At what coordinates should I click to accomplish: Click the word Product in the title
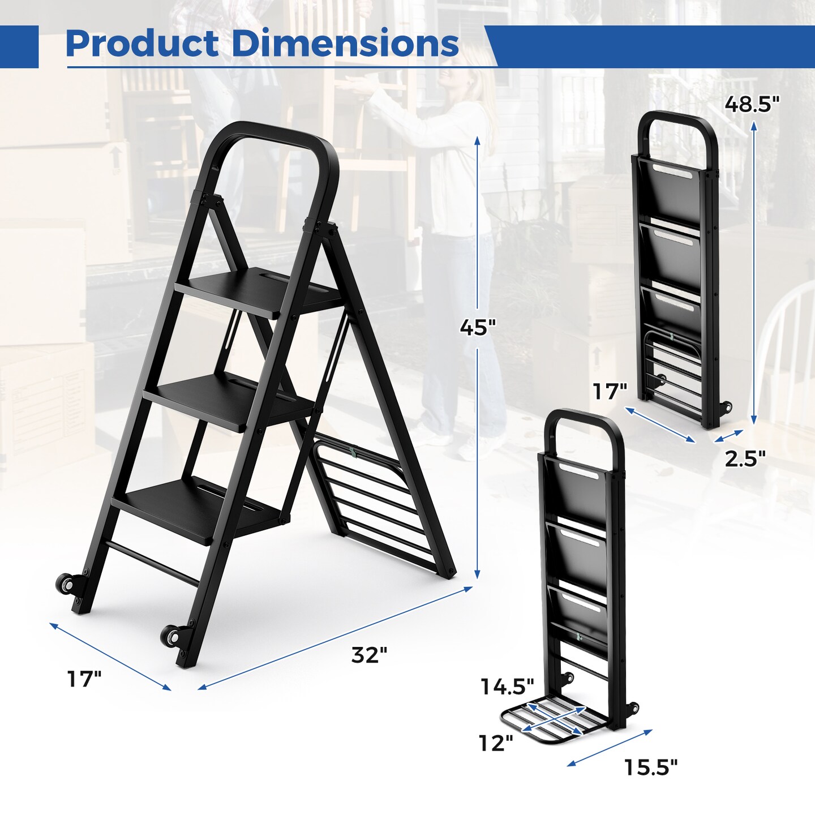coord(142,44)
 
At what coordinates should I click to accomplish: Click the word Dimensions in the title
coord(345,44)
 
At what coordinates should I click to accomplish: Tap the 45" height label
coord(477,328)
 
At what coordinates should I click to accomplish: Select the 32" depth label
coord(369,655)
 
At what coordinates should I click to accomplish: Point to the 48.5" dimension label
coord(752,104)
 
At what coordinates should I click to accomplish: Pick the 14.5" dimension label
coord(507,687)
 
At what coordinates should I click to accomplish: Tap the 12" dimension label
coord(496,743)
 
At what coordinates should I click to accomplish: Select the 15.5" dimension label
coord(650,768)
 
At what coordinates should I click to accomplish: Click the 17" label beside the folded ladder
coord(610,392)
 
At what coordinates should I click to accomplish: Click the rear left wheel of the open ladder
coord(66,584)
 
